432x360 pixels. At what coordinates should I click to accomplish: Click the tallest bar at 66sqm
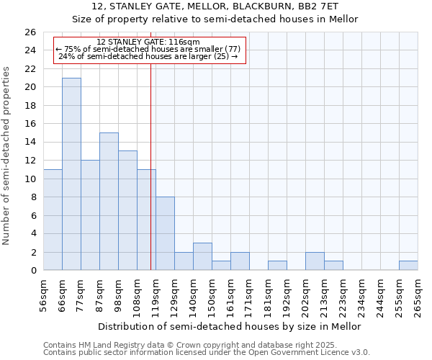pyautogui.click(x=71, y=174)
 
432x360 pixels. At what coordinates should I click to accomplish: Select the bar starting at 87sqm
pyautogui.click(x=109, y=202)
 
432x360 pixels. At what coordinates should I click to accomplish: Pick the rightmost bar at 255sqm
pyautogui.click(x=408, y=266)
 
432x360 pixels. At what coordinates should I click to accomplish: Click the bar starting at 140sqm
pyautogui.click(x=202, y=256)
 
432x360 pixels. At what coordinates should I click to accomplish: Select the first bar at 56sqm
pyautogui.click(x=53, y=220)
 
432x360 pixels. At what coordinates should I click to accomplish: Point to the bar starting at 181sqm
pyautogui.click(x=277, y=266)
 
